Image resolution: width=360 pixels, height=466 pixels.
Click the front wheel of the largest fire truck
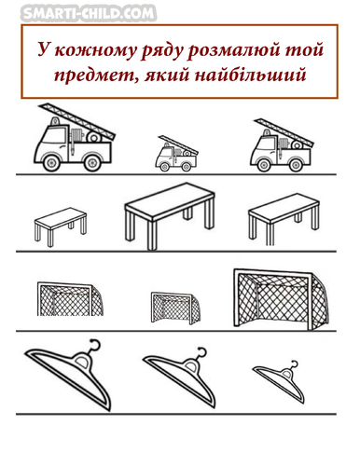click(51, 162)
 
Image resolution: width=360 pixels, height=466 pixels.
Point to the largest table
click(170, 214)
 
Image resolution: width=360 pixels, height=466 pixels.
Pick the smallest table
click(61, 226)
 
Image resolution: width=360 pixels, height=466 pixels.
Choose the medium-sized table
click(284, 217)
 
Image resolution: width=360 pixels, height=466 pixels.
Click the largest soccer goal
click(281, 299)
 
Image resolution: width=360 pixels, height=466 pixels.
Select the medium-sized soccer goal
click(70, 299)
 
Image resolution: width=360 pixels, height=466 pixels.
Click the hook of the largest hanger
click(94, 346)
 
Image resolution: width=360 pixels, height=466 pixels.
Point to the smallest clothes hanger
click(279, 383)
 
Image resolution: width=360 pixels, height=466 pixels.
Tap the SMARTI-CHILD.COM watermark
click(89, 13)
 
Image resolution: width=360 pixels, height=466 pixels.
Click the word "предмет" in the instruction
click(96, 75)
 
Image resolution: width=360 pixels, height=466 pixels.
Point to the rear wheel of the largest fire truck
click(92, 162)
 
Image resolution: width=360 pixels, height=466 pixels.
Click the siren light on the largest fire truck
click(55, 121)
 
